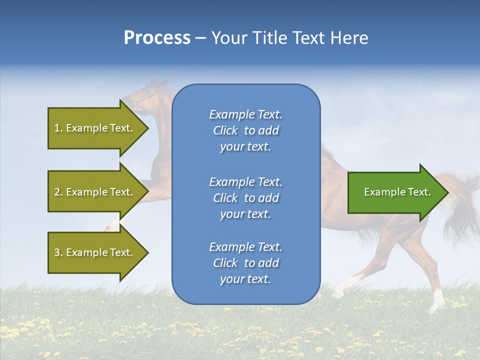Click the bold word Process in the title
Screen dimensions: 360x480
click(157, 38)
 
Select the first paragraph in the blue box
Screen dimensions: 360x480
click(246, 130)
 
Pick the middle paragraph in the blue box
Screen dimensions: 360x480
click(246, 197)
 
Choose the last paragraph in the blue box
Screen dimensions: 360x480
click(246, 263)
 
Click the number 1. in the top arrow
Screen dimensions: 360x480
click(58, 128)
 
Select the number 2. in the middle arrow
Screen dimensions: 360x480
click(58, 192)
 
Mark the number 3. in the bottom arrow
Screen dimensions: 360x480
click(58, 252)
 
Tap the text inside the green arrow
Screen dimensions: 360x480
click(397, 192)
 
